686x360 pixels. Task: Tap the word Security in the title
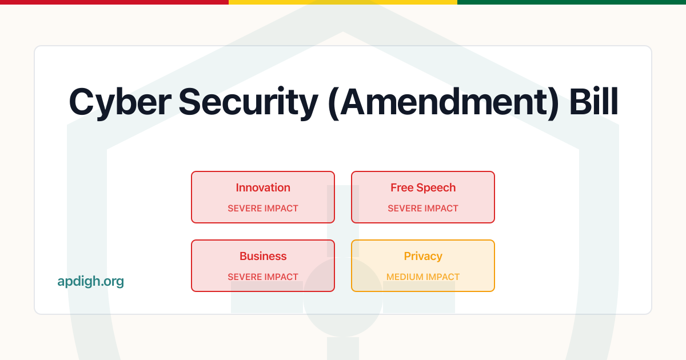tap(248, 103)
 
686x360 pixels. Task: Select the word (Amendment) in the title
tap(442, 103)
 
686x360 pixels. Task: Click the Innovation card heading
tap(263, 187)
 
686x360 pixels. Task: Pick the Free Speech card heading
tap(423, 187)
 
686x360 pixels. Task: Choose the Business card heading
tap(263, 256)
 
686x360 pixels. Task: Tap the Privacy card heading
tap(423, 256)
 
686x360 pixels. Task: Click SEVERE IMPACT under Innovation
tap(263, 209)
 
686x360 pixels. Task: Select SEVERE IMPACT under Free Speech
tap(423, 209)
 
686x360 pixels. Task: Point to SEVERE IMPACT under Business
tap(263, 277)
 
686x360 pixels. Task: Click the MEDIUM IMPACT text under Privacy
tap(423, 277)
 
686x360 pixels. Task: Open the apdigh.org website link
tap(90, 281)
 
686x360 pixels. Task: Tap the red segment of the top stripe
tap(114, 2)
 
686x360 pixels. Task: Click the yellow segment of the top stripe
tap(343, 2)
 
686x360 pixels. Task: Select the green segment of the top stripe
tap(572, 2)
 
